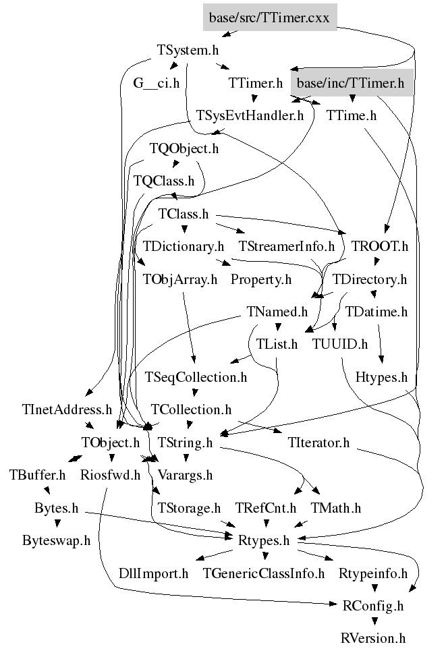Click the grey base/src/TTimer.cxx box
click(x=270, y=17)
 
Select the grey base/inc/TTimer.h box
click(x=351, y=83)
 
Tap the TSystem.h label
click(x=188, y=50)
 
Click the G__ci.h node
click(x=157, y=83)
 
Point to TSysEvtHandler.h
click(x=250, y=115)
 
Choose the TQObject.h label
click(x=184, y=148)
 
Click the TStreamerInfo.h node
click(x=287, y=246)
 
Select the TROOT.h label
click(x=380, y=246)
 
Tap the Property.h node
click(x=261, y=279)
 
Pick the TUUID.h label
click(x=340, y=344)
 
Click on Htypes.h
click(x=382, y=377)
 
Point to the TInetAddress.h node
click(x=67, y=409)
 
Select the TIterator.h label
click(x=319, y=443)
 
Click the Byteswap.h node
click(x=57, y=540)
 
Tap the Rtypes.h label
click(x=264, y=540)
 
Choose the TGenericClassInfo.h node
click(x=264, y=573)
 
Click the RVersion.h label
click(x=373, y=638)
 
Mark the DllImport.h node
click(x=153, y=573)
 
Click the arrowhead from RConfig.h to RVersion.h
click(x=374, y=621)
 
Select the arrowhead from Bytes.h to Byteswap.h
click(x=57, y=523)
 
